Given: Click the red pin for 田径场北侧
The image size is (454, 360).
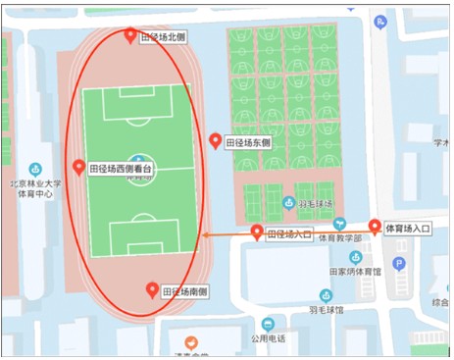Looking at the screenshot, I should click(x=131, y=36).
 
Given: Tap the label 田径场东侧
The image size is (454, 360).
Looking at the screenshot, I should click(x=248, y=143).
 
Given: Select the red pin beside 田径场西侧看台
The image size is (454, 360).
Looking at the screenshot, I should click(x=78, y=167).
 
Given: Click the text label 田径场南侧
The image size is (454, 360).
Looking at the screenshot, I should click(x=184, y=292).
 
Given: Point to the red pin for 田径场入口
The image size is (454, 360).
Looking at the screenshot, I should click(x=258, y=232).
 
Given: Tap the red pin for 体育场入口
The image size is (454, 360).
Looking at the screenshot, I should click(x=374, y=228).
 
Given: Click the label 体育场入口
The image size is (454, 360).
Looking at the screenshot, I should click(x=409, y=230).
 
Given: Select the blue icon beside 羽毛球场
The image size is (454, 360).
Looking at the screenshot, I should click(x=288, y=204).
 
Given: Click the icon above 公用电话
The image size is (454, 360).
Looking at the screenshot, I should click(x=267, y=324).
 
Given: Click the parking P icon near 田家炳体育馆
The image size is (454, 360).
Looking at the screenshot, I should click(x=399, y=263).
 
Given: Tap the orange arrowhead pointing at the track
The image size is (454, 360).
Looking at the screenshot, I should click(x=205, y=234).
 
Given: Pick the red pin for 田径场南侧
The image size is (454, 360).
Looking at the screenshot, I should click(x=152, y=289).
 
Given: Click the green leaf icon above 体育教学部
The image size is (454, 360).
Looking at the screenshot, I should click(x=340, y=224).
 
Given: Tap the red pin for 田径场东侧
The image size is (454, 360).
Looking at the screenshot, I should click(x=217, y=140).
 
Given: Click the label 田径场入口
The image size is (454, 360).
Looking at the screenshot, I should click(x=290, y=234).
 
